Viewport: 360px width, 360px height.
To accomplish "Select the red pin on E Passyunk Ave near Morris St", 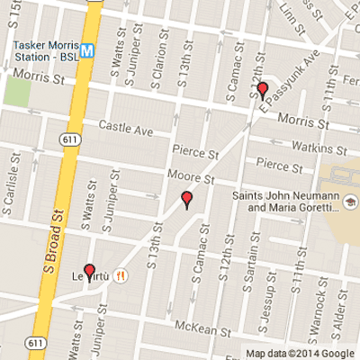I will pos(263,89).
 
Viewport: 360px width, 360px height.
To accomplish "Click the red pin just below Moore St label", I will pos(187,200).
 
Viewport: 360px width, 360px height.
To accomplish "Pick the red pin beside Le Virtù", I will pos(89,271).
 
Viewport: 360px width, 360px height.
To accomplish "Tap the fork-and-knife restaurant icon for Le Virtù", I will pos(120,274).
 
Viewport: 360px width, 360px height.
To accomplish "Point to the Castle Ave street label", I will pos(127,130).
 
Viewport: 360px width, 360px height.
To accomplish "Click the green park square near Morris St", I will pos(16,89).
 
